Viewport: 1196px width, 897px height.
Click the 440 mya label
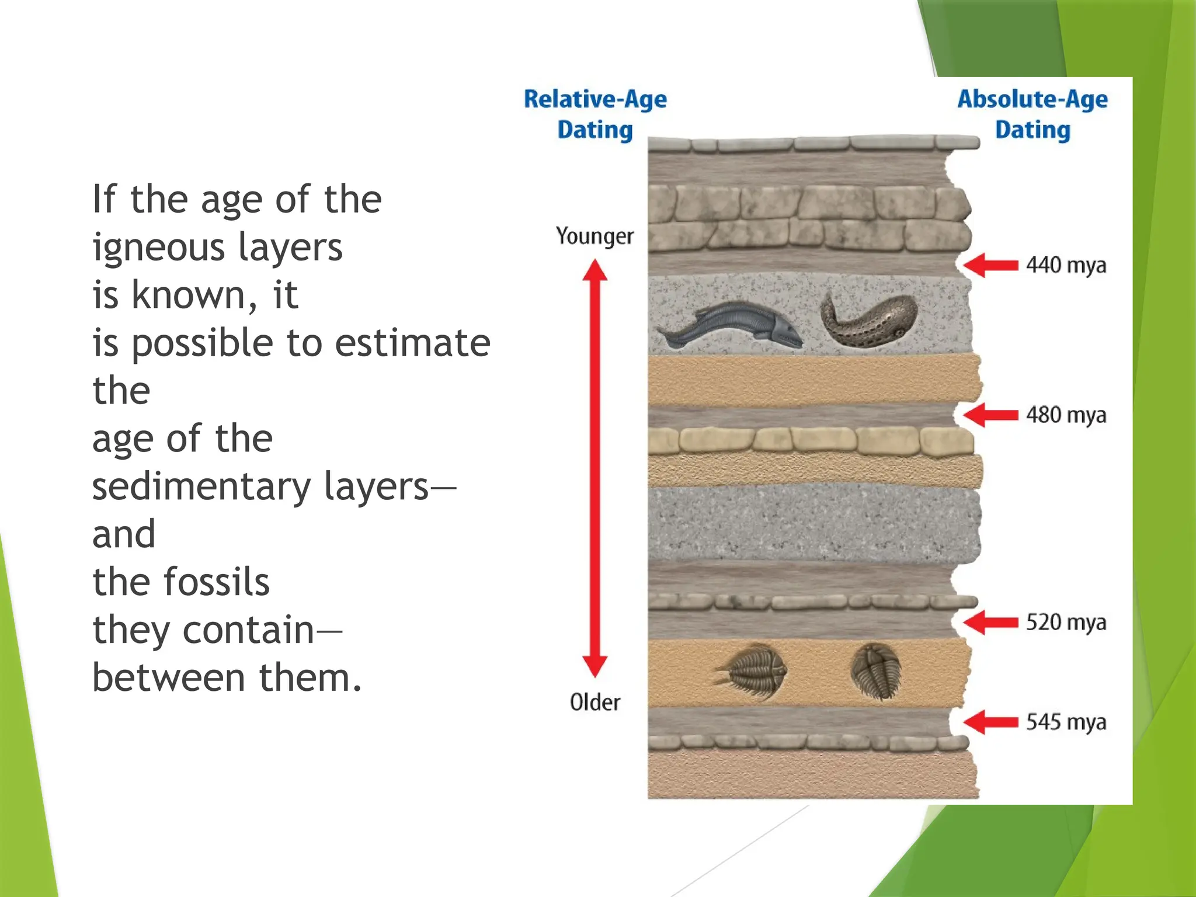(1066, 265)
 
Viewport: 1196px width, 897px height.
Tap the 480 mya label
(1066, 415)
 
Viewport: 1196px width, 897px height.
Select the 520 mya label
(1066, 622)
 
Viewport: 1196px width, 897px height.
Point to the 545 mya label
(1066, 722)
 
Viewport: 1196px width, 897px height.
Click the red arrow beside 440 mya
(990, 265)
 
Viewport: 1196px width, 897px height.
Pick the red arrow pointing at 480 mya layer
(990, 415)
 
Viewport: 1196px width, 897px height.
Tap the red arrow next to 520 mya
(990, 622)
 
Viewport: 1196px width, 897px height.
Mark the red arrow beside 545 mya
(990, 722)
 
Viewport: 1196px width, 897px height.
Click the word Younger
(594, 237)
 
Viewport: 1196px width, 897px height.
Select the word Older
(594, 702)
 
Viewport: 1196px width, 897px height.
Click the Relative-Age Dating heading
(595, 114)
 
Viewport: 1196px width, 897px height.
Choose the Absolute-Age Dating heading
(1032, 114)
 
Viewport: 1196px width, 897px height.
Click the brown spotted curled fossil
(869, 320)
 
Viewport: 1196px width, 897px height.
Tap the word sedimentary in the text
(201, 487)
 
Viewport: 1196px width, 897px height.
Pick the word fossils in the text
(216, 582)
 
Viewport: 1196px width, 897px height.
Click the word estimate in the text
(412, 343)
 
